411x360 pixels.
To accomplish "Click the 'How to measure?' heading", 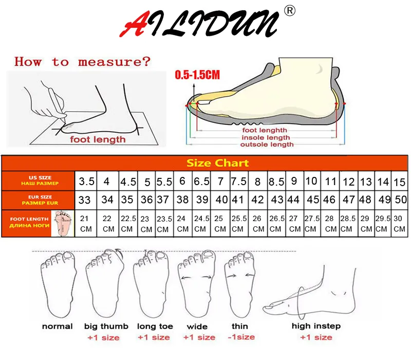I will (x=83, y=62).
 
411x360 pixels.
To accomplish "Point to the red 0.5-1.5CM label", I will (x=197, y=75).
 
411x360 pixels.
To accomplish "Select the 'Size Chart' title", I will (x=217, y=163).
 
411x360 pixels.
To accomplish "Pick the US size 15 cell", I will (x=399, y=182).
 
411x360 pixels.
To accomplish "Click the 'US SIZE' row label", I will (x=39, y=180).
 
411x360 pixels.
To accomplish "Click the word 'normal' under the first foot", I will (x=57, y=326).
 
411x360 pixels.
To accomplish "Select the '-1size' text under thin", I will (x=240, y=337).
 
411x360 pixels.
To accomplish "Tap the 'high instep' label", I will (x=316, y=326).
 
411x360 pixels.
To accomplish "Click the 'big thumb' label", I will (x=103, y=326).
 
